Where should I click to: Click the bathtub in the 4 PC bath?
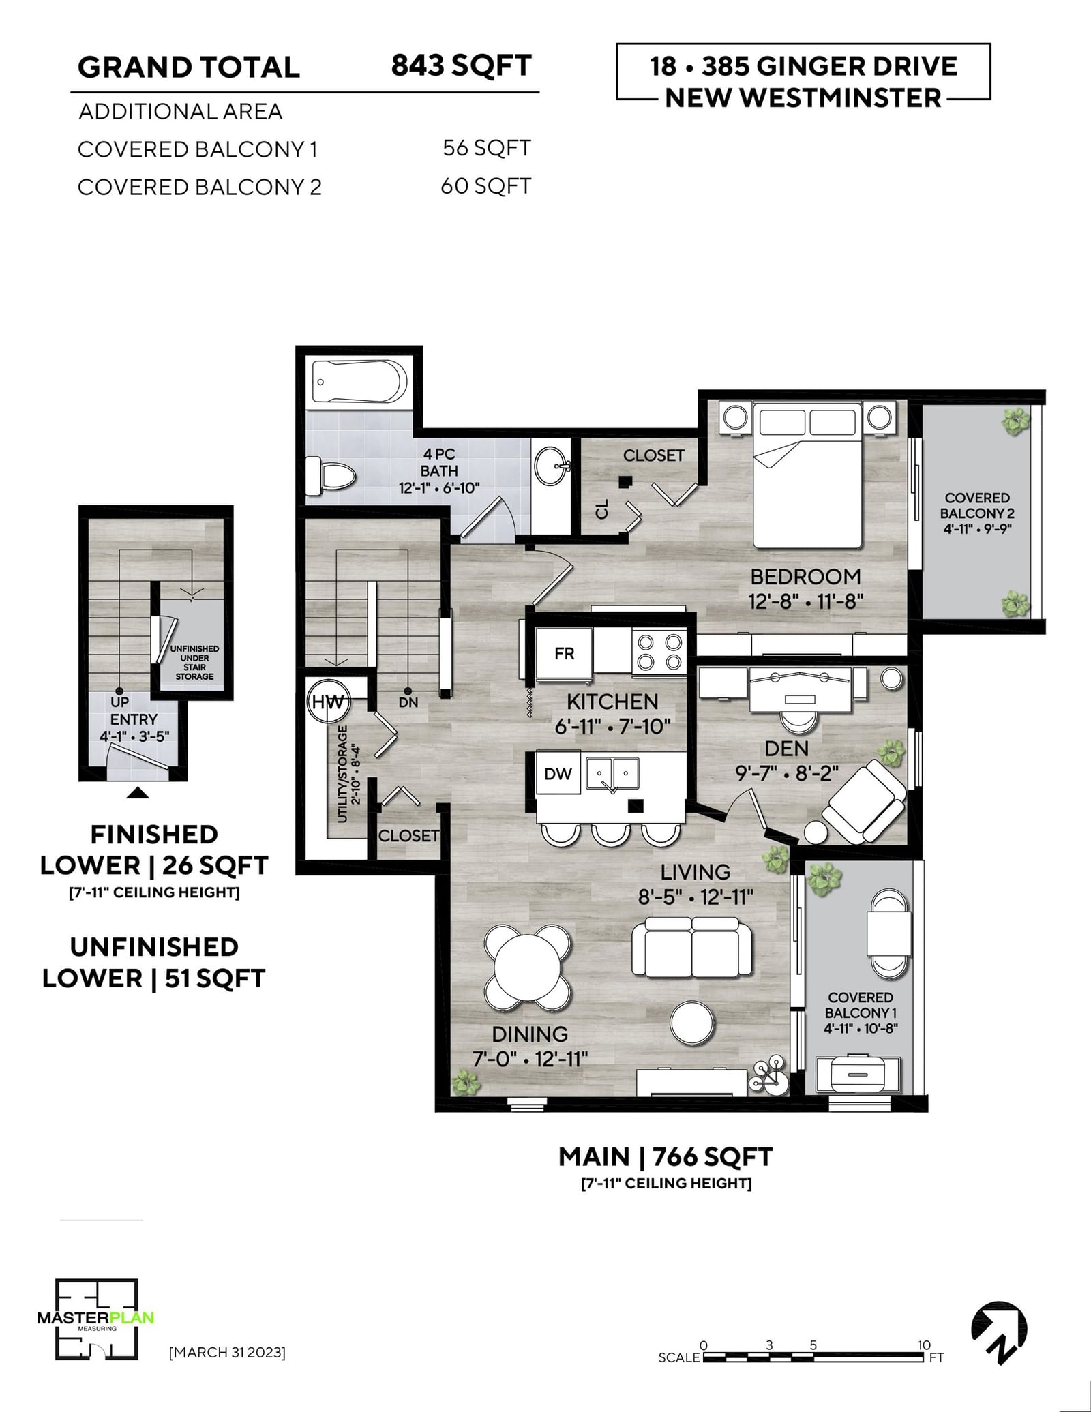pyautogui.click(x=359, y=382)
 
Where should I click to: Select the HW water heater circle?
pyautogui.click(x=328, y=702)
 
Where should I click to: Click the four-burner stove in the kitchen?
pyautogui.click(x=659, y=652)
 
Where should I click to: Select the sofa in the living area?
pyautogui.click(x=692, y=946)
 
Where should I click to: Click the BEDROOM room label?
pyautogui.click(x=805, y=577)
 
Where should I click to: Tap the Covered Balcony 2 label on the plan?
pyautogui.click(x=977, y=513)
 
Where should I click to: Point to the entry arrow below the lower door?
pyautogui.click(x=138, y=792)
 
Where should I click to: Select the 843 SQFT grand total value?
pyautogui.click(x=462, y=66)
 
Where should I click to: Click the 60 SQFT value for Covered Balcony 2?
pyautogui.click(x=485, y=186)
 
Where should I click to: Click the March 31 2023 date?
pyautogui.click(x=227, y=1351)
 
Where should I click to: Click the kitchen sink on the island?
pyautogui.click(x=613, y=775)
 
